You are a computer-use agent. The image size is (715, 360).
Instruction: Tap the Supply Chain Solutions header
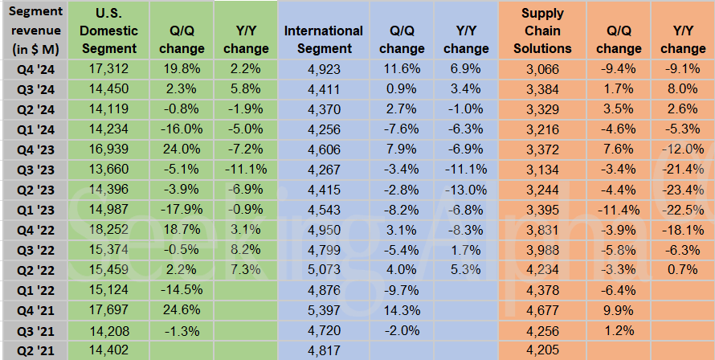coord(542,31)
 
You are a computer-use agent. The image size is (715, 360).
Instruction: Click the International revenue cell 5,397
coord(324,311)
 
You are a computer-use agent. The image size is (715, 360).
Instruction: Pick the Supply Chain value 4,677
coord(542,311)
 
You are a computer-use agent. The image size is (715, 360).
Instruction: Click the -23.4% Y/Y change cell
coord(683,190)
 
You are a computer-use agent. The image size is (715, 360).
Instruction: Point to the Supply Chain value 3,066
coord(542,71)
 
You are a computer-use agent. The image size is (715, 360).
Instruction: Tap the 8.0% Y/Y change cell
coord(683,91)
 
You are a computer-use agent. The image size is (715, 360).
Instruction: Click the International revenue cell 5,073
coord(324,271)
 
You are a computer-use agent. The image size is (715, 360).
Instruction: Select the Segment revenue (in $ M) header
coord(33,31)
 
